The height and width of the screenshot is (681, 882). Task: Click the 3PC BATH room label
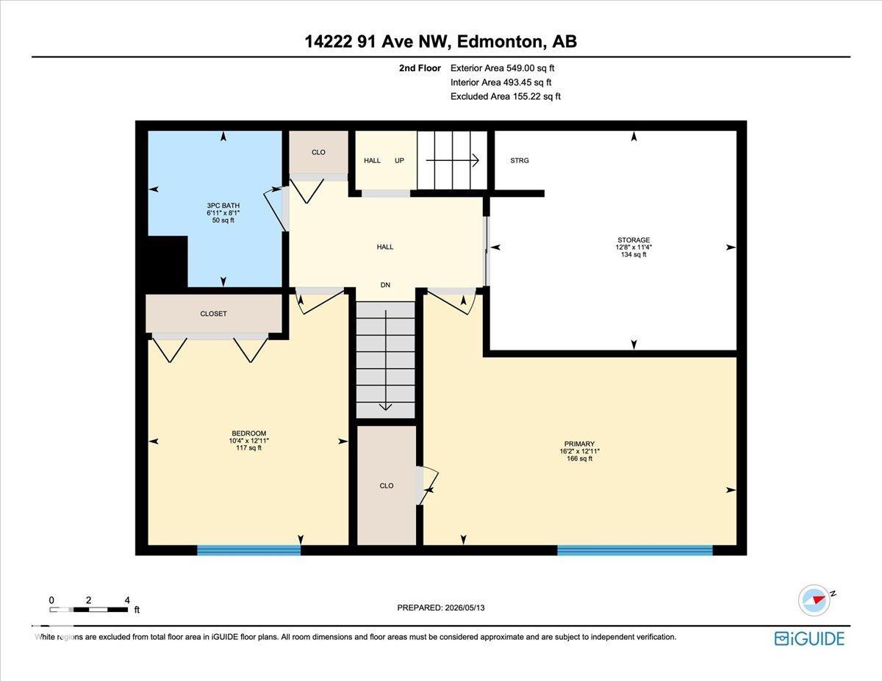tap(223, 206)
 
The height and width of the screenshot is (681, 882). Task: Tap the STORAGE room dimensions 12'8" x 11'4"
tap(634, 247)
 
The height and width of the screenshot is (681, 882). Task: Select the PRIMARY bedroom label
tap(579, 444)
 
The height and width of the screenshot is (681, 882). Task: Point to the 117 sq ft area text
tap(249, 448)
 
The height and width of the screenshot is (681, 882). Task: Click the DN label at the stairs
tap(385, 285)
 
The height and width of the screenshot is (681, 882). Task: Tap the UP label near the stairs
tap(399, 160)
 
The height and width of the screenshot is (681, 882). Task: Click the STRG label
tap(520, 160)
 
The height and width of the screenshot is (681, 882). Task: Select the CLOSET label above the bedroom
tap(213, 314)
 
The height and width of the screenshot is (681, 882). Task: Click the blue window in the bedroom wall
tap(249, 550)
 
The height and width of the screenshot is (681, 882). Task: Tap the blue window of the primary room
tap(635, 550)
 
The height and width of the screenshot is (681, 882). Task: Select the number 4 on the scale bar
tap(127, 600)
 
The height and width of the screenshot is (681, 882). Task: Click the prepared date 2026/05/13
tap(465, 608)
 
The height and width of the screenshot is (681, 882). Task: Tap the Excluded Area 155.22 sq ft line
tap(506, 96)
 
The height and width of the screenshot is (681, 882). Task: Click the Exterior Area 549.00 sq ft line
tap(502, 68)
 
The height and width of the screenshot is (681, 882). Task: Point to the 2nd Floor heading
tap(420, 68)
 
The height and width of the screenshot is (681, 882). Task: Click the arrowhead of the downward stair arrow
tap(385, 407)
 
